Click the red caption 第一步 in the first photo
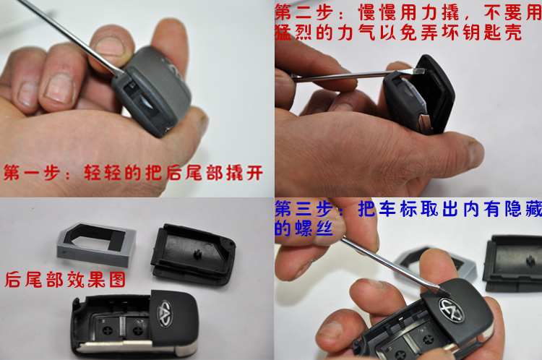pyautogui.click(x=32, y=173)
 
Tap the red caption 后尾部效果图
pyautogui.click(x=65, y=280)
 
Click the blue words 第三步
pyautogui.click(x=304, y=209)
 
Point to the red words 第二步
pyautogui.click(x=304, y=13)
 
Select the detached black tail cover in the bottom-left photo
pyautogui.click(x=193, y=254)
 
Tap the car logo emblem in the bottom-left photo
pyautogui.click(x=165, y=313)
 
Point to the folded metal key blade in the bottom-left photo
pyautogui.click(x=114, y=346)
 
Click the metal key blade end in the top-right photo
pyautogui.click(x=424, y=124)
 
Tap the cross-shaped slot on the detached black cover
pyautogui.click(x=198, y=254)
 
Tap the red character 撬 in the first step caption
pyautogui.click(x=235, y=173)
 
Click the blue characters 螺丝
pyautogui.click(x=314, y=228)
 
